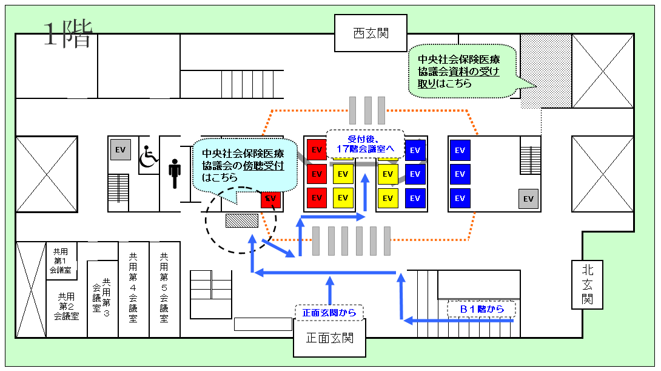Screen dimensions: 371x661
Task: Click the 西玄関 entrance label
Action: pos(371,33)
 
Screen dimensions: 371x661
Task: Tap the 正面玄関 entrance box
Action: pos(330,338)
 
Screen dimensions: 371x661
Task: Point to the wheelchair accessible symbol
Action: pos(149,157)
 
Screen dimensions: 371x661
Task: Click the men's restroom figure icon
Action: pos(175,174)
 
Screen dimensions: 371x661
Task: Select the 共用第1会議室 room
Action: pos(61,261)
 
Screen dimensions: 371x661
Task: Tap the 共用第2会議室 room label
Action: pos(66,306)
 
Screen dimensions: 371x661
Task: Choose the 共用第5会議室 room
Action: pos(164,289)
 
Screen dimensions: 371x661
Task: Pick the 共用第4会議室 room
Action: pos(133,289)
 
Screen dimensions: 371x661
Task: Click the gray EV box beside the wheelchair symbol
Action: pos(120,150)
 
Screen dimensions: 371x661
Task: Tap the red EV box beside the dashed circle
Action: pos(270,198)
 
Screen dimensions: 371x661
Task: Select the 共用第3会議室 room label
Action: pos(101,298)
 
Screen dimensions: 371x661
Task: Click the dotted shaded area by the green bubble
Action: pos(545,70)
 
